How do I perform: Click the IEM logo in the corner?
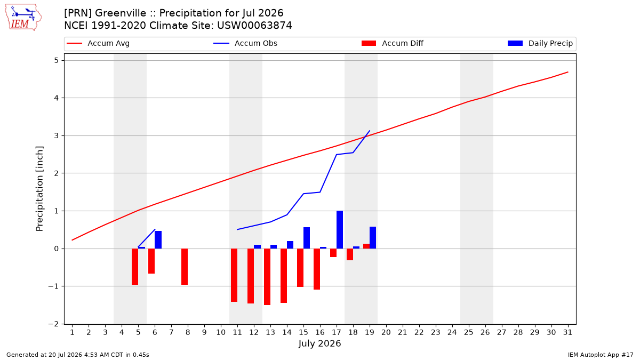pyautogui.click(x=23, y=17)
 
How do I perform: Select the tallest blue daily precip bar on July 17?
pyautogui.click(x=340, y=230)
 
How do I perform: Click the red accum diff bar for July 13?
pyautogui.click(x=267, y=277)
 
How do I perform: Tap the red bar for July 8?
pyautogui.click(x=185, y=267)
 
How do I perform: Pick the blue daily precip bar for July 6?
pyautogui.click(x=158, y=239)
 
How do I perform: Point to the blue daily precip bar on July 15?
pyautogui.click(x=307, y=238)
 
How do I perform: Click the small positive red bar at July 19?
pyautogui.click(x=366, y=246)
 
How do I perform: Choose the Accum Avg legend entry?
pyautogui.click(x=98, y=43)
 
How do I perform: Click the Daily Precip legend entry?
pyautogui.click(x=540, y=43)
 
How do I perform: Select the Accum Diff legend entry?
pyautogui.click(x=393, y=43)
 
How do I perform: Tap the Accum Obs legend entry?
pyautogui.click(x=245, y=43)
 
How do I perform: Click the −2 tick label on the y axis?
pyautogui.click(x=53, y=324)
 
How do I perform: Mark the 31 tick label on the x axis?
pyautogui.click(x=567, y=333)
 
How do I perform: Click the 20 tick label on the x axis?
pyautogui.click(x=386, y=333)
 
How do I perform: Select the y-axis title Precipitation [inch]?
pyautogui.click(x=39, y=189)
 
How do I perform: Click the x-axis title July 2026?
pyautogui.click(x=319, y=343)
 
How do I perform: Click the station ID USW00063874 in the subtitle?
pyautogui.click(x=254, y=26)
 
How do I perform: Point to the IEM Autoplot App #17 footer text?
pyautogui.click(x=601, y=355)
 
